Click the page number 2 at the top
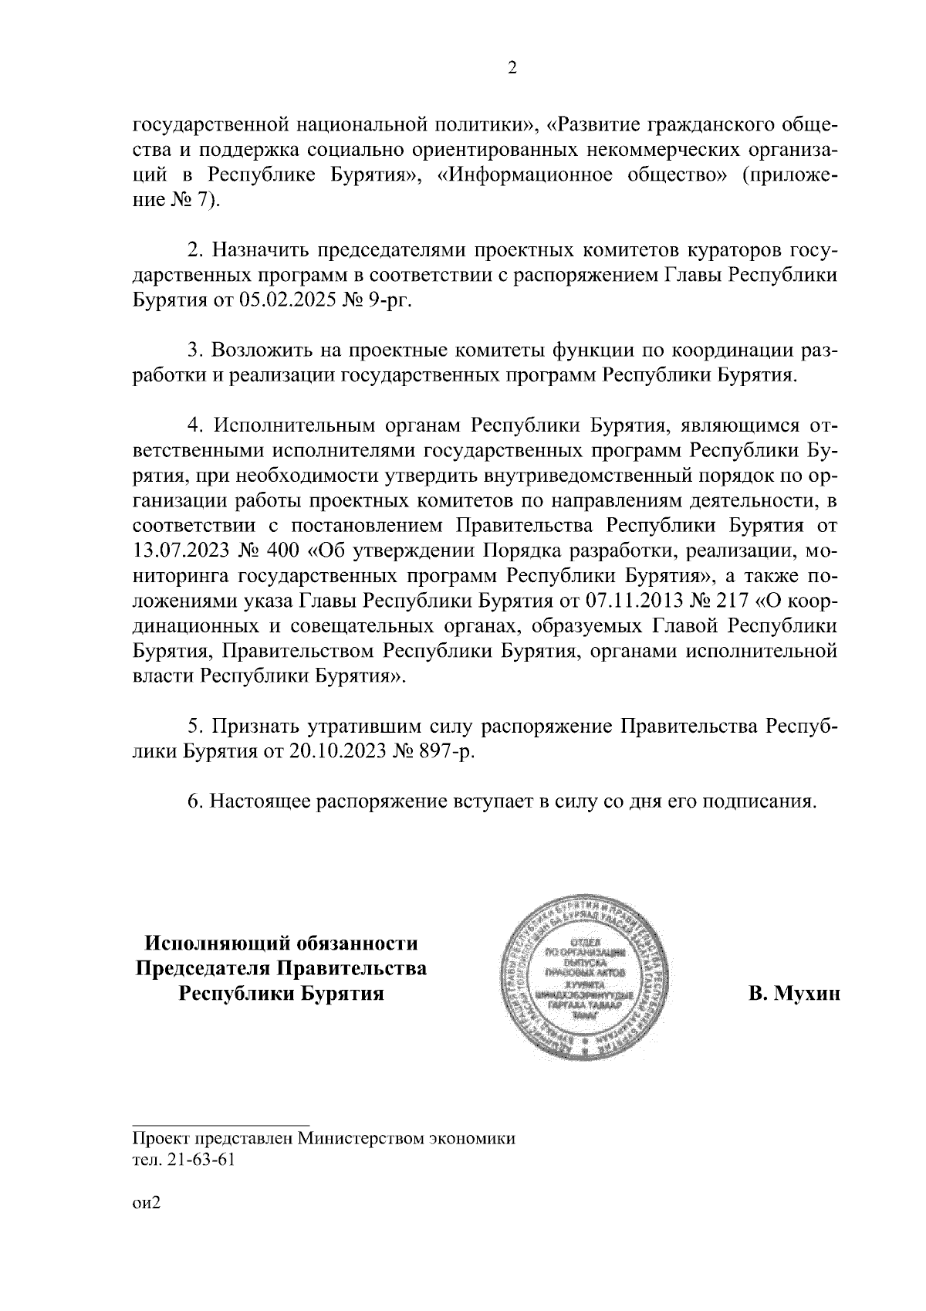coord(511,69)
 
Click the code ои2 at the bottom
coord(145,1204)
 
